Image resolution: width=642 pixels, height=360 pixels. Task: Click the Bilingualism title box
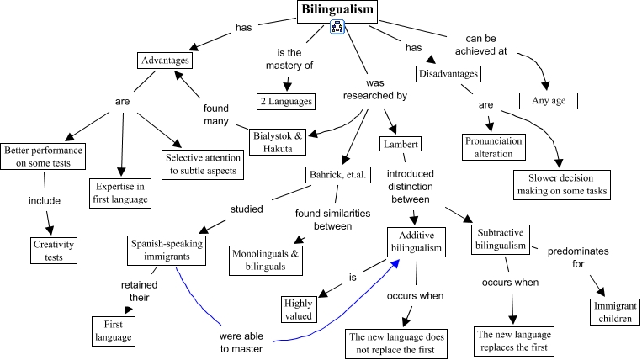tap(338, 11)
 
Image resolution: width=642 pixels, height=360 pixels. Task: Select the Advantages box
tap(165, 61)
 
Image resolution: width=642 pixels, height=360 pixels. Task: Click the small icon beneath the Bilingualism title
tap(338, 29)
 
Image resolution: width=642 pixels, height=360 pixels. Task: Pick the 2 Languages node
tap(286, 101)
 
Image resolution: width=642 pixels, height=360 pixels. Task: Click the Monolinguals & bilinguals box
tap(267, 260)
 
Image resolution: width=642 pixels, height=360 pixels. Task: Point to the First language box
tap(113, 330)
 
